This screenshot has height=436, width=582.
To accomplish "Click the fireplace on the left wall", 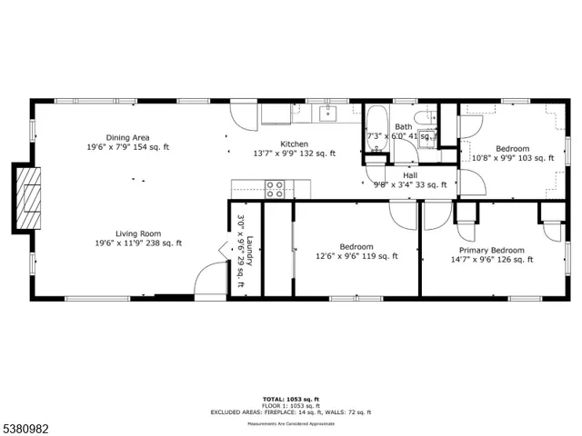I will (x=27, y=197).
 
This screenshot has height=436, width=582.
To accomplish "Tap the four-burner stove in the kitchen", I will (x=275, y=189).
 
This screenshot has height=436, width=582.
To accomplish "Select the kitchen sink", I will (x=327, y=114).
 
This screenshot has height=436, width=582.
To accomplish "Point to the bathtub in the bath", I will (x=376, y=127).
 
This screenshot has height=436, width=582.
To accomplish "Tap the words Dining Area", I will (x=127, y=136).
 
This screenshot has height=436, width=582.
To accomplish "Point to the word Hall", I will (x=410, y=174).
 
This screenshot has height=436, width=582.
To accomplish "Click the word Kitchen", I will (x=294, y=144).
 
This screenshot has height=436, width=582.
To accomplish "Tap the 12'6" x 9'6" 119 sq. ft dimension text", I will (x=356, y=257).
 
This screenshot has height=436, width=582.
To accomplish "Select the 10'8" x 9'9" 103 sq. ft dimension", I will (x=512, y=158).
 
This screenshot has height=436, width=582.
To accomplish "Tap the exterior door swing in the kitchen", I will (x=243, y=116).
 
